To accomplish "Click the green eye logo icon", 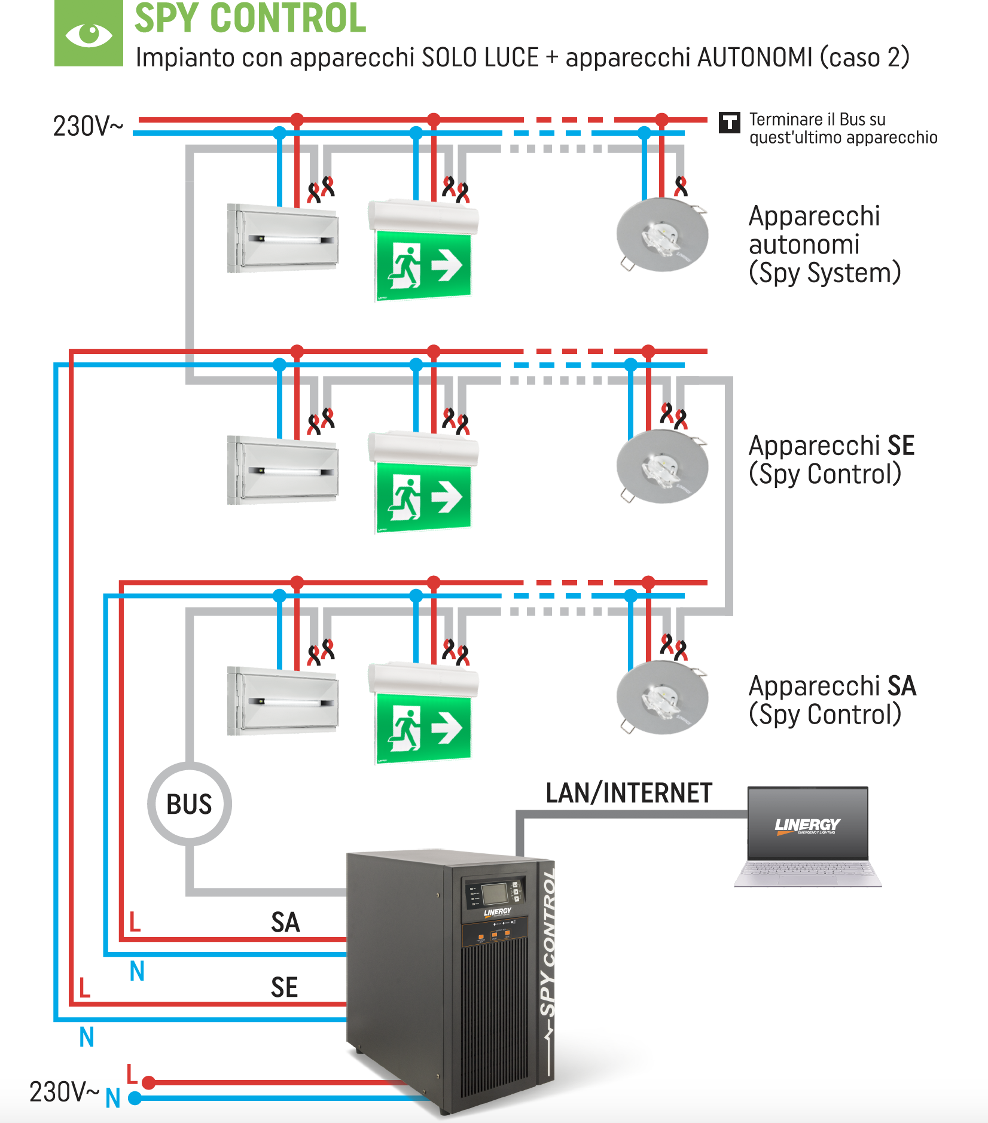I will click(x=89, y=33).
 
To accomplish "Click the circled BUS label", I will click(x=189, y=804).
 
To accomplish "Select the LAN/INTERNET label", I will click(x=629, y=794).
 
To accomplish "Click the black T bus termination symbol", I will click(x=729, y=123).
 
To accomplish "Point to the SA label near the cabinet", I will click(x=285, y=922).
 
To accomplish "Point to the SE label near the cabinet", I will click(x=284, y=987).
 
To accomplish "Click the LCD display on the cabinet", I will click(x=495, y=893).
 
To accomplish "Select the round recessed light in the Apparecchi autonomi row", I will click(x=662, y=235).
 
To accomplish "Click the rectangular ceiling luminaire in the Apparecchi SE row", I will click(x=283, y=470).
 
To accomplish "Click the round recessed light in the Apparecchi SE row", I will click(x=662, y=466).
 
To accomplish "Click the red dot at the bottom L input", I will click(x=149, y=1082).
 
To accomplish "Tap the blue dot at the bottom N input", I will click(x=135, y=1098).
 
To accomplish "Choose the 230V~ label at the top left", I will click(x=88, y=126).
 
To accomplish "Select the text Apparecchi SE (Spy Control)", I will click(x=831, y=460).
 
